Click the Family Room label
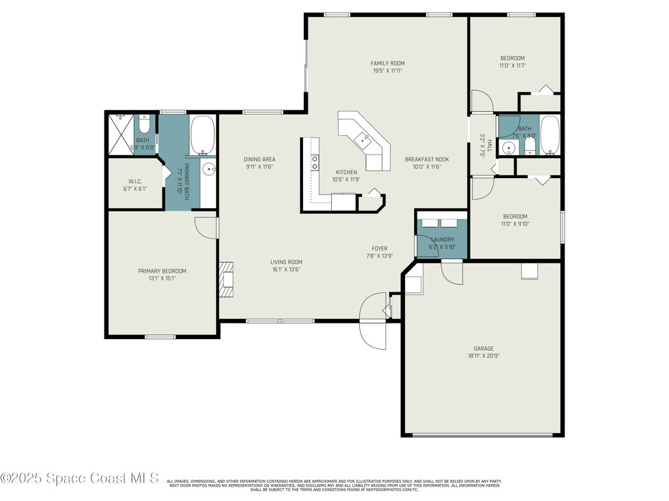coord(387,63)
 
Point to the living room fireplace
coord(225,279)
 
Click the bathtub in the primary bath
coord(202,134)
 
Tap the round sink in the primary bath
coord(208,169)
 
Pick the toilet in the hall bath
coord(530,145)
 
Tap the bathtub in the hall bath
coord(549,135)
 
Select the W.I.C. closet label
coord(135,181)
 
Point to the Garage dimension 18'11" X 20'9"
coord(483,356)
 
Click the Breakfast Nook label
coord(427,159)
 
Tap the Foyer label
coord(380,249)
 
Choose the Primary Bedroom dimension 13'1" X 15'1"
coord(161,279)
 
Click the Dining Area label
coord(259,159)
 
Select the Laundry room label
coord(442,239)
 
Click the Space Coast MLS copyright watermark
coord(80,479)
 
